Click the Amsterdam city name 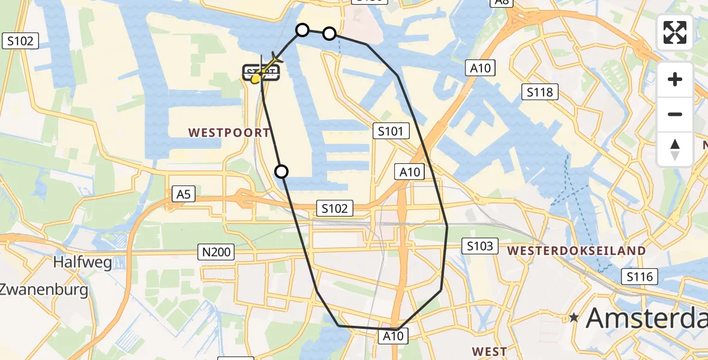(x=647, y=317)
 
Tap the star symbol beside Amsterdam (x=575, y=317)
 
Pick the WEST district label (x=490, y=351)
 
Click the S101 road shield (x=391, y=131)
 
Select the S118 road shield (x=540, y=92)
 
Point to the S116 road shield (x=640, y=277)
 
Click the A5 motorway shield (x=184, y=194)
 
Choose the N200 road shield (x=216, y=253)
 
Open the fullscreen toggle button (x=675, y=32)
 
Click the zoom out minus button (x=675, y=114)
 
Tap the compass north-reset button (x=675, y=149)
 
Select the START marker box (x=262, y=73)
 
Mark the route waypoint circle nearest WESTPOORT (x=281, y=172)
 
